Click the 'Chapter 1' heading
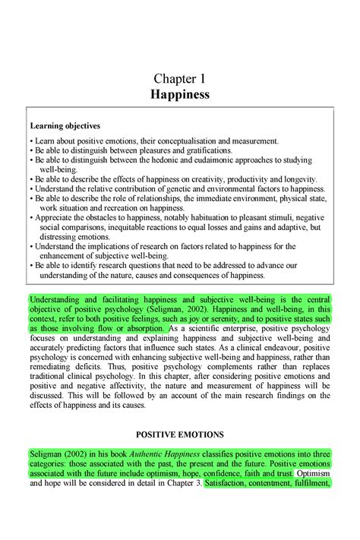[179, 78]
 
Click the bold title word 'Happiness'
[179, 95]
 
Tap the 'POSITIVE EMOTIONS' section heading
[179, 434]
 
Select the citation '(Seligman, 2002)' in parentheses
[174, 310]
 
